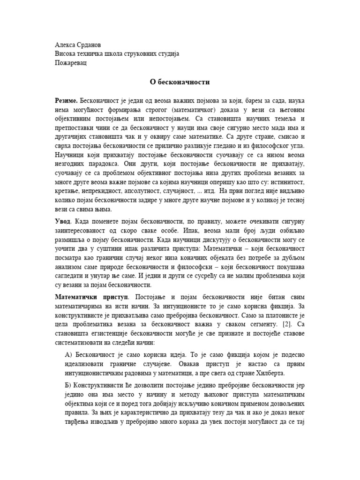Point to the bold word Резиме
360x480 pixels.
point(66,101)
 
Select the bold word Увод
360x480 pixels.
point(63,220)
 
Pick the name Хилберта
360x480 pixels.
point(270,373)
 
